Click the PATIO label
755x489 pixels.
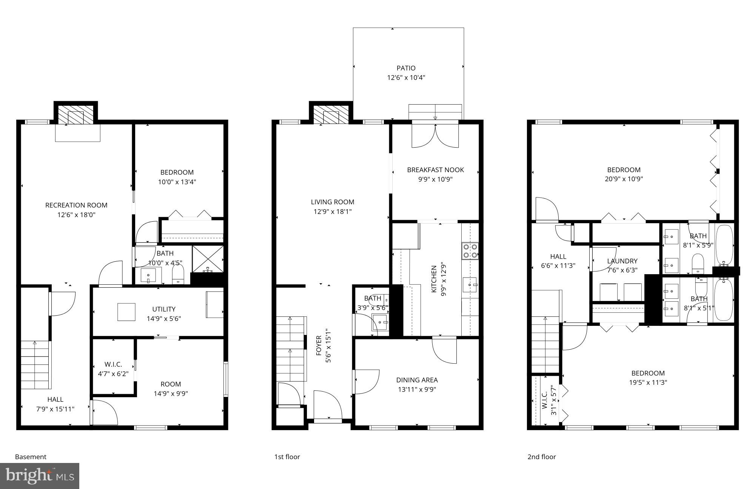[406, 68]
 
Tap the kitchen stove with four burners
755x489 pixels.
[470, 251]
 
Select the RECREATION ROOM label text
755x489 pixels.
[76, 205]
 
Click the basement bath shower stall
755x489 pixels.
[208, 259]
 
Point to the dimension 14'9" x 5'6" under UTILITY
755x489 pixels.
[164, 319]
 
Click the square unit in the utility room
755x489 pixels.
[126, 312]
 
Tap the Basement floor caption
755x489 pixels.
[31, 457]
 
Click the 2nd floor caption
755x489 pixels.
[541, 457]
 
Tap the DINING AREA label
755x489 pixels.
[417, 380]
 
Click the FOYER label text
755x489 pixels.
[319, 346]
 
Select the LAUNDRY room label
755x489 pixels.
[622, 261]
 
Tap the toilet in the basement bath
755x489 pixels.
[177, 275]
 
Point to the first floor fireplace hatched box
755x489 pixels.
[331, 114]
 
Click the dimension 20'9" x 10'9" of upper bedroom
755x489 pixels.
[624, 179]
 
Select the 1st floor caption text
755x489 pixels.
[287, 457]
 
